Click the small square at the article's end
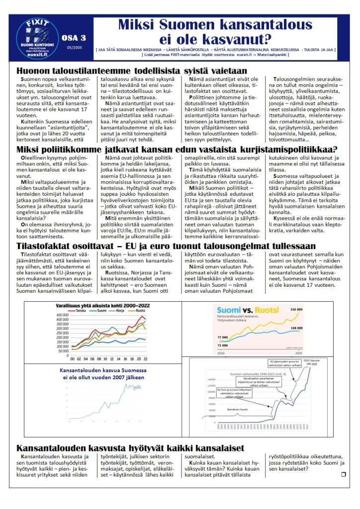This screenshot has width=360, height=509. tap(343, 474)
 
